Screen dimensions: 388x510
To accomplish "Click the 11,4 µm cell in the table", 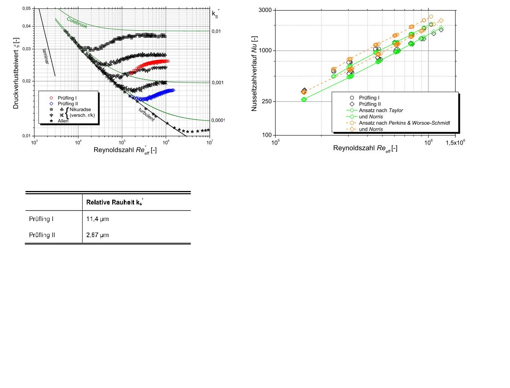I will pyautogui.click(x=98, y=219).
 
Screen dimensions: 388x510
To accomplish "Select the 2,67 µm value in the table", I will pyautogui.click(x=98, y=235).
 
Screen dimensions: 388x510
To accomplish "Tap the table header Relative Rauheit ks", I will pyautogui.click(x=114, y=202).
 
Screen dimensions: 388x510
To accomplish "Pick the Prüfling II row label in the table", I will pyautogui.click(x=42, y=235).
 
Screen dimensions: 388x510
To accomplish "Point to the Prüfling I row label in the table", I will pyautogui.click(x=41, y=219).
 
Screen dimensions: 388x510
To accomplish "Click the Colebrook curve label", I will pyautogui.click(x=77, y=22).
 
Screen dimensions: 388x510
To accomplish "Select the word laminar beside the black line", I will pyautogui.click(x=46, y=57).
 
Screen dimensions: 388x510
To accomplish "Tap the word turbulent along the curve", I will pyautogui.click(x=147, y=114).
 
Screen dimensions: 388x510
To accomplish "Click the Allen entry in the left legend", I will pyautogui.click(x=63, y=121).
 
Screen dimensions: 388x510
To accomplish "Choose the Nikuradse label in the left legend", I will pyautogui.click(x=80, y=109).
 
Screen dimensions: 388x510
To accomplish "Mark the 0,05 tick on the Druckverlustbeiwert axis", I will pyautogui.click(x=26, y=8).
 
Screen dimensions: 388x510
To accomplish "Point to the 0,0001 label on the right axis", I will pyautogui.click(x=218, y=120).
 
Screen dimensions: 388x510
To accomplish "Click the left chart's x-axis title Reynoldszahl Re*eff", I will pyautogui.click(x=125, y=150).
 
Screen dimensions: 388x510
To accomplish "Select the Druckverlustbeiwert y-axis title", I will pyautogui.click(x=16, y=73).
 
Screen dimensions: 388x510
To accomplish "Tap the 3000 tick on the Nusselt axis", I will pyautogui.click(x=265, y=10).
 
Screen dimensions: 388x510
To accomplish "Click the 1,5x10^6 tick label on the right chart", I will pyautogui.click(x=455, y=143).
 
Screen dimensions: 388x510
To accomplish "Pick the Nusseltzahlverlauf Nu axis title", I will pyautogui.click(x=254, y=73).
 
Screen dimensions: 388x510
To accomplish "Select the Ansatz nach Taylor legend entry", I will pyautogui.click(x=381, y=110).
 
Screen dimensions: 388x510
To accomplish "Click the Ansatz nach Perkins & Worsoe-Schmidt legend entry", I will pyautogui.click(x=404, y=123).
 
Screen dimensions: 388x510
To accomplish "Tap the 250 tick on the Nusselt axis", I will pyautogui.click(x=267, y=101).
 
